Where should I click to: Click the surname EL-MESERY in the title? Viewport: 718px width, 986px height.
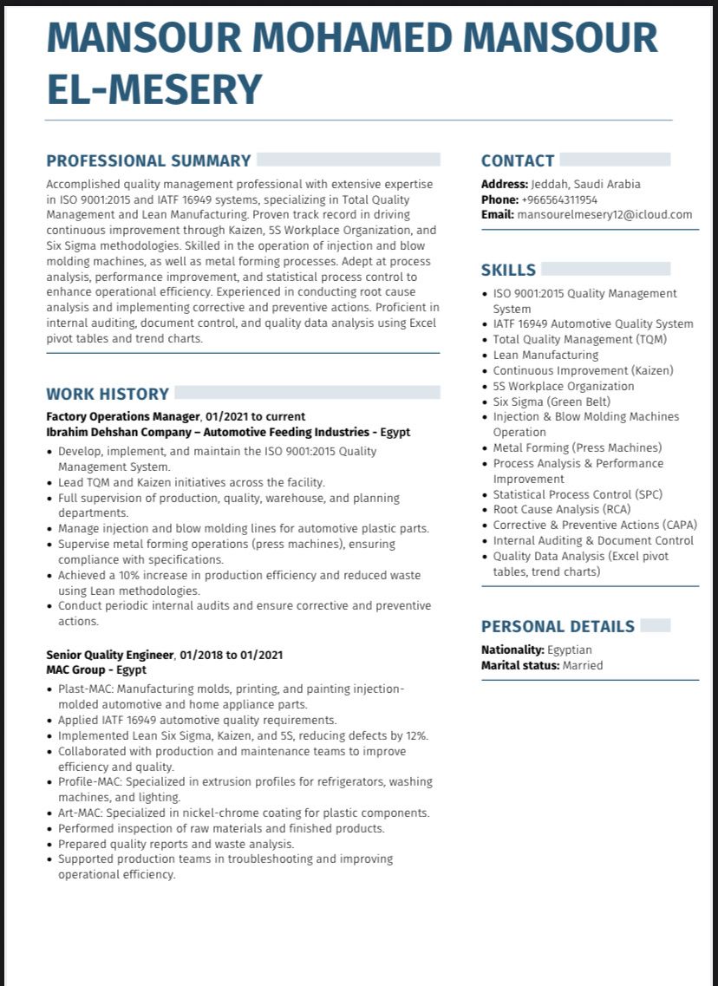click(x=153, y=89)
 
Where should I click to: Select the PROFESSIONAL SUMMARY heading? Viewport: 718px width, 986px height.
click(x=148, y=160)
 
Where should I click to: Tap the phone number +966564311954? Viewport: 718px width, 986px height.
click(x=558, y=199)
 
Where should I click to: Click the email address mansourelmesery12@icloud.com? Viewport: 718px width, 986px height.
click(x=604, y=214)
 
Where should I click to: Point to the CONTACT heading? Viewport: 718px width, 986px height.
click(x=518, y=160)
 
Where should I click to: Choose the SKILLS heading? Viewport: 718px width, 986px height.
click(x=508, y=270)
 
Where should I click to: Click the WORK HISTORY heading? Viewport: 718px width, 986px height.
click(x=108, y=394)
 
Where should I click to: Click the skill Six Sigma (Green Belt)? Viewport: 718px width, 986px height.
click(x=552, y=402)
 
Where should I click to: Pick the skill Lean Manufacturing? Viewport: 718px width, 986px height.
click(x=545, y=355)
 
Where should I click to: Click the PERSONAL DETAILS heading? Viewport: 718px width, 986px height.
click(x=558, y=626)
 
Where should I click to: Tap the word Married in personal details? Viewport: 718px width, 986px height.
click(x=582, y=665)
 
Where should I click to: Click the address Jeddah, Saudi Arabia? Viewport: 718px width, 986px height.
click(x=586, y=184)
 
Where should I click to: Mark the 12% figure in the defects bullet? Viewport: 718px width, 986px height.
click(x=416, y=735)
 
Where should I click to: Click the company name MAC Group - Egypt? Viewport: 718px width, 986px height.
click(x=96, y=669)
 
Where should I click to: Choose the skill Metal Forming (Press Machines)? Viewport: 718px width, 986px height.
click(x=577, y=447)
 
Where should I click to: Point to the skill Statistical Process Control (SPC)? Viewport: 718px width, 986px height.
click(x=577, y=494)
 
